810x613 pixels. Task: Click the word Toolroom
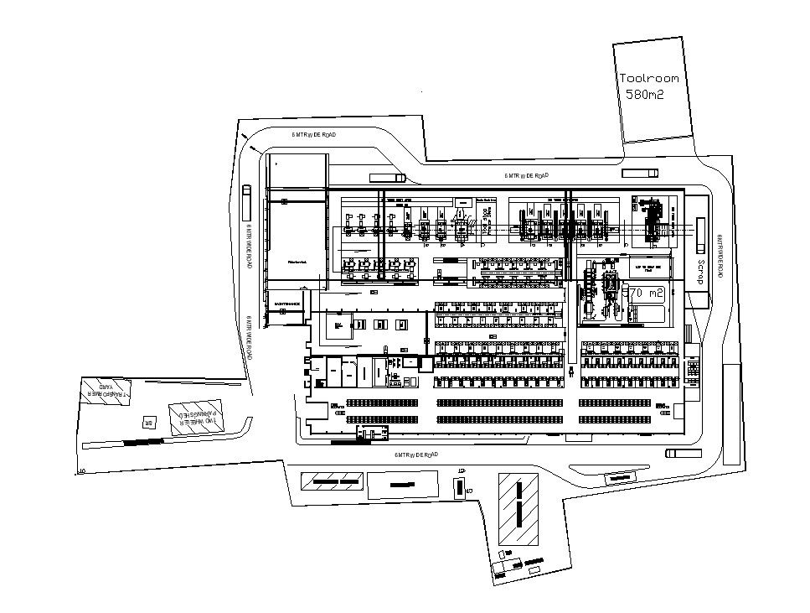pos(648,78)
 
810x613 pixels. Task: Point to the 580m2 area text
pos(644,95)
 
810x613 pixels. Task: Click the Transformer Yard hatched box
pos(106,391)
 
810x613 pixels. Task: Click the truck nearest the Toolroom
pos(641,173)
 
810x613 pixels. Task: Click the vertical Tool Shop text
pos(487,221)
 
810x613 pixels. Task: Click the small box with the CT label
pos(459,486)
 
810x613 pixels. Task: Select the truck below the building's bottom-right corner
pos(683,454)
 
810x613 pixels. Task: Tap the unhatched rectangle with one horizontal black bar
pos(402,484)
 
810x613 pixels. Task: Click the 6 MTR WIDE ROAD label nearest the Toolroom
pos(527,175)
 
